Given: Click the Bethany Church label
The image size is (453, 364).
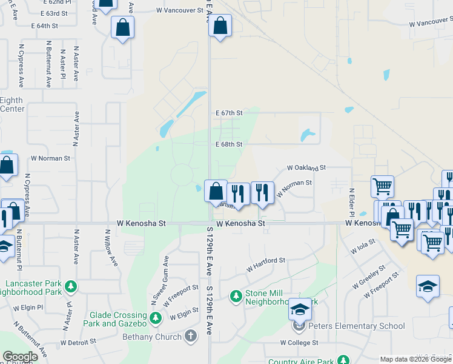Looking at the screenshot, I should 151,337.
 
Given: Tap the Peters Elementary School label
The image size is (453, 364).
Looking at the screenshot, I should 357,326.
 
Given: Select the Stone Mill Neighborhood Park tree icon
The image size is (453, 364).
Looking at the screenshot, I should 236,296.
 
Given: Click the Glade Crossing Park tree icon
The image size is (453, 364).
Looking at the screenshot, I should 156,317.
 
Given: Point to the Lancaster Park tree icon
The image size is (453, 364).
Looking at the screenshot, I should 71,286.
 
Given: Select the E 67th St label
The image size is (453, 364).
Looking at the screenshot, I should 229,113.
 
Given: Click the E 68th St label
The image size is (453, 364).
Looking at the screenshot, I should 229,144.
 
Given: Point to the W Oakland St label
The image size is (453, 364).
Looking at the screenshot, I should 306,167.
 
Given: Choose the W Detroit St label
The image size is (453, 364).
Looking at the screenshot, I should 79,343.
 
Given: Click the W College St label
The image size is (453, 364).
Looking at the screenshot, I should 299,343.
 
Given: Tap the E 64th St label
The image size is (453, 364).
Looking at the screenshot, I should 44,26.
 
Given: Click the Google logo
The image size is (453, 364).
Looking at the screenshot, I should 20,357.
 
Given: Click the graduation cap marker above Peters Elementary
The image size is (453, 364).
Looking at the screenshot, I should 299,310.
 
